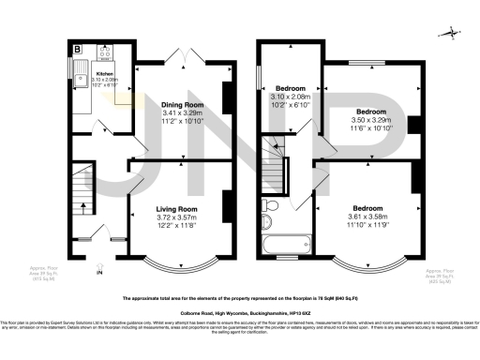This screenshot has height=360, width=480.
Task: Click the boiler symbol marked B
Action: click(x=77, y=46)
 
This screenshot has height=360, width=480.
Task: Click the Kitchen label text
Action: click(x=104, y=74)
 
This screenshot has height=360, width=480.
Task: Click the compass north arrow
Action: click(x=454, y=34)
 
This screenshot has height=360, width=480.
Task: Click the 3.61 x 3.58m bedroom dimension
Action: click(x=366, y=217)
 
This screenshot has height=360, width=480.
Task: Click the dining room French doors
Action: click(x=193, y=55)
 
